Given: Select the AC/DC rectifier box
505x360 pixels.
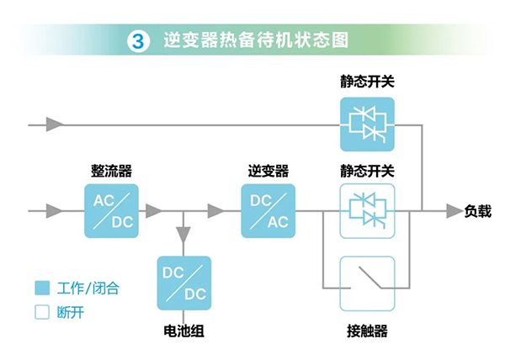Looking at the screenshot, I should point(111,210).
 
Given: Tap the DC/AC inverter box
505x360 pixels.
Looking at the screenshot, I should point(268,210).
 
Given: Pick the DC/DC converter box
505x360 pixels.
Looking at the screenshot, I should point(183,283).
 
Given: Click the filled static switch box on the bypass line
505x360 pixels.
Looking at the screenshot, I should point(366,124).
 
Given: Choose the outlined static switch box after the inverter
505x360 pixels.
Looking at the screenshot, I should point(366,210).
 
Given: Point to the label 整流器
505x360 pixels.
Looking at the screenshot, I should point(111,172).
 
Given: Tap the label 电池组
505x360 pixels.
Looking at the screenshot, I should point(183,331).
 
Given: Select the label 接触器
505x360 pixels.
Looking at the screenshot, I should point(366,331).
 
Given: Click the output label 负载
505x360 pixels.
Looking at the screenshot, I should point(477,211).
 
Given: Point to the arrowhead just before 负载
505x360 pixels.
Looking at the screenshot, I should point(453,210).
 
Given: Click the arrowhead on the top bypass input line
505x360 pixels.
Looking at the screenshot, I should point(56,124).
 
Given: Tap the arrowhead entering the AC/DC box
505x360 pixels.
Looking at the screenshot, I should point(56,210).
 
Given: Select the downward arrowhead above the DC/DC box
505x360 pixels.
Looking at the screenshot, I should point(183,244).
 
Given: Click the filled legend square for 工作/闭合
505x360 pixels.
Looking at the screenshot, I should point(41,289).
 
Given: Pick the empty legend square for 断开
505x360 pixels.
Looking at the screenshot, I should point(41,312).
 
